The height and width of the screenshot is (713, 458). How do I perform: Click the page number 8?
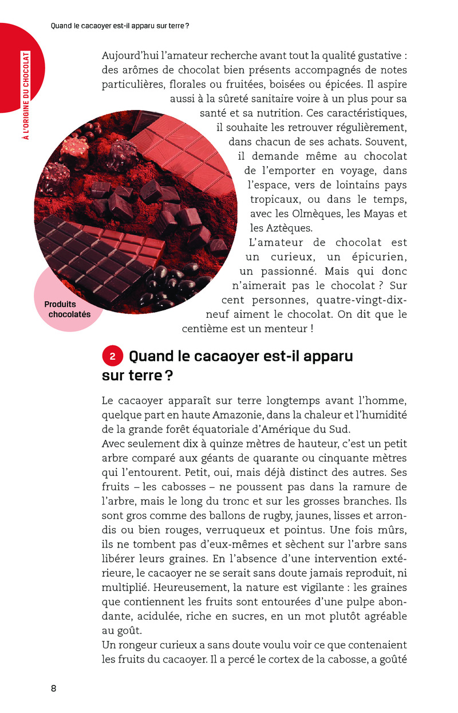(53, 688)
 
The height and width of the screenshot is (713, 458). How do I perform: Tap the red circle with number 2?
(113, 356)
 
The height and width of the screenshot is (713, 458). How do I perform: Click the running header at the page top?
(120, 26)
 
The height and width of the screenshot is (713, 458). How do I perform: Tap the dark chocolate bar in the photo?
(92, 252)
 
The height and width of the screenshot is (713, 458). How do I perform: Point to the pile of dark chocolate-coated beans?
(172, 283)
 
